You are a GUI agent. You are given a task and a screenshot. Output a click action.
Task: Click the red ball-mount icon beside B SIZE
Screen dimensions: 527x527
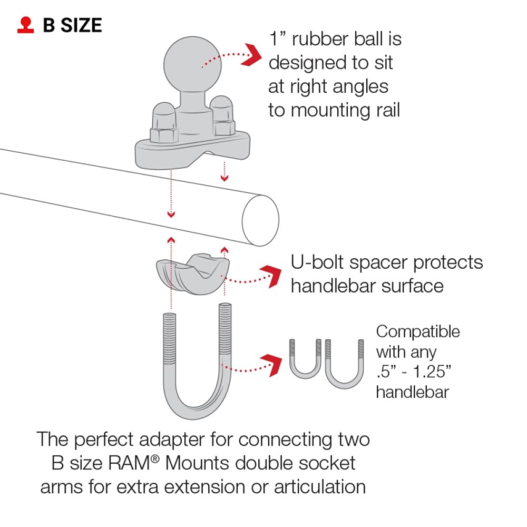pos(26,26)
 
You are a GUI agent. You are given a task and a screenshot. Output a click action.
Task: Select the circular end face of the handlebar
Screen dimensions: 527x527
pos(260,220)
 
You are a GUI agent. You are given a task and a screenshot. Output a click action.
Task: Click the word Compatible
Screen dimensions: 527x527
pos(418,332)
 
